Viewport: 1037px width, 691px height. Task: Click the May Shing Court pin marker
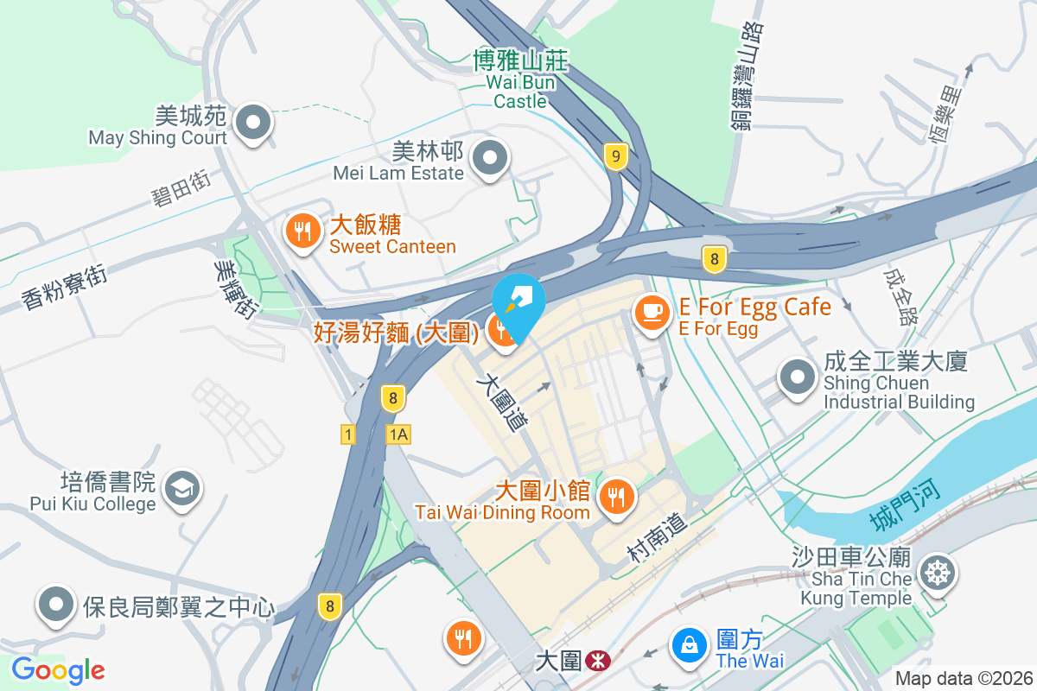click(x=253, y=122)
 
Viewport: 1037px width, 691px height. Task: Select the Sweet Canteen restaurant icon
click(x=302, y=231)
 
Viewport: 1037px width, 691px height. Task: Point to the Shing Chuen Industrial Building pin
click(x=797, y=377)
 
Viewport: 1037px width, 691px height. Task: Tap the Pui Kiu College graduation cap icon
click(x=183, y=488)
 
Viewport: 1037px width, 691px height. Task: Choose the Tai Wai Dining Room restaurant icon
click(x=617, y=496)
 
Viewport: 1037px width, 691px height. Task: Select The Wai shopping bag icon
click(x=690, y=645)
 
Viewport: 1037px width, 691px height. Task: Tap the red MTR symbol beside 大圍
click(x=595, y=662)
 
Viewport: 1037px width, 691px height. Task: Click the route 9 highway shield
click(x=615, y=156)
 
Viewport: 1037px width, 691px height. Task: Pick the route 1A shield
click(x=398, y=434)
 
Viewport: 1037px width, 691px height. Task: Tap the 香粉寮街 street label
click(x=65, y=288)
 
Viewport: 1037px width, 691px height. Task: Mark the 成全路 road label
click(x=900, y=294)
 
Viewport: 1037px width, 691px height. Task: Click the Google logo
click(x=58, y=669)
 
